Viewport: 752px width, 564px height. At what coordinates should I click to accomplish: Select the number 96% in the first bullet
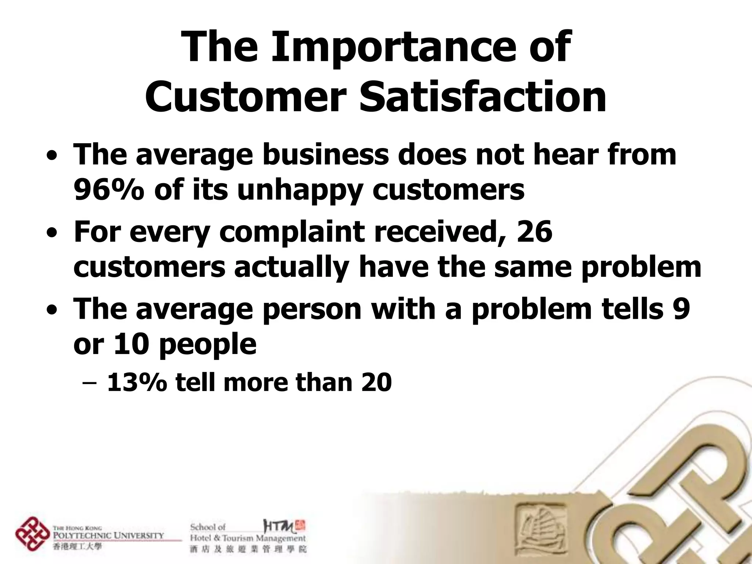(x=109, y=190)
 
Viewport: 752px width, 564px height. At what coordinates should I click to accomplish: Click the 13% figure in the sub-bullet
(x=137, y=382)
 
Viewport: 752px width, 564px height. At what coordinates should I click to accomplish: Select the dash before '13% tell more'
(x=89, y=383)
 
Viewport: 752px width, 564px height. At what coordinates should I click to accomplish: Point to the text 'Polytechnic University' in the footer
(x=109, y=535)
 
